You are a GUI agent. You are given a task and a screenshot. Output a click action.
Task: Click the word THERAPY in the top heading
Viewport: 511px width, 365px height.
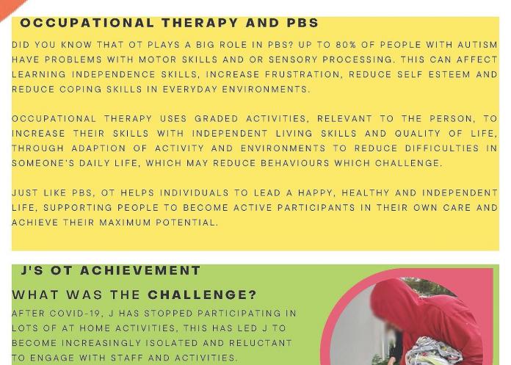click(200, 23)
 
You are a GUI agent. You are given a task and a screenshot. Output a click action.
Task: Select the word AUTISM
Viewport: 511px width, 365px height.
click(477, 45)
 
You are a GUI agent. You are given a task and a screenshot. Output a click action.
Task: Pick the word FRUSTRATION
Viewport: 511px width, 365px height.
click(302, 75)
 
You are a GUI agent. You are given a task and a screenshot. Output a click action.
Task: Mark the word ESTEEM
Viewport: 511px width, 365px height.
click(449, 74)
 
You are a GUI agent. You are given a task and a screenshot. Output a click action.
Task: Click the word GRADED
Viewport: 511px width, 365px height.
click(217, 119)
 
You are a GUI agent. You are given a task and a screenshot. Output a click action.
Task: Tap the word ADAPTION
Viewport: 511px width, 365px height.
click(98, 148)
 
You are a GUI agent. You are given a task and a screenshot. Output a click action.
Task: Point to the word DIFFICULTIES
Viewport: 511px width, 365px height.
click(442, 148)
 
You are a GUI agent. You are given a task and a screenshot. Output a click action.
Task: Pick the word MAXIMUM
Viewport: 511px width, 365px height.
click(125, 223)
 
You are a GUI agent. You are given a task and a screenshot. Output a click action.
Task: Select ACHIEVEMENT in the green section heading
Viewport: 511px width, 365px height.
click(140, 270)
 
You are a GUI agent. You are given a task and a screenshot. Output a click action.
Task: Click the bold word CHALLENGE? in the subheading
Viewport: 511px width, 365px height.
click(203, 295)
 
